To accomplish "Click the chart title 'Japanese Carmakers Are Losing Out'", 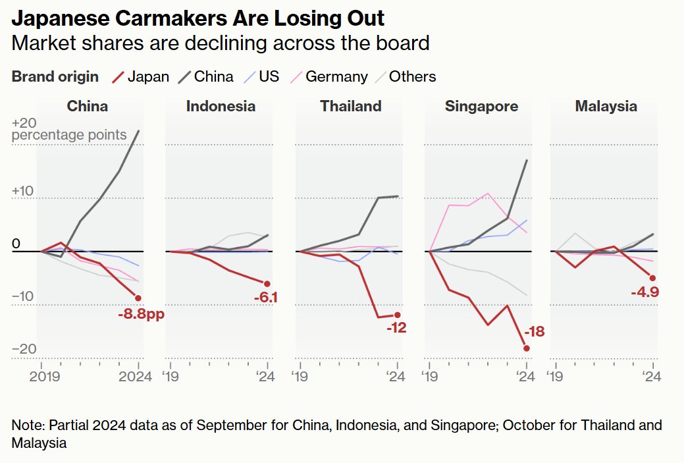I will point(198,18).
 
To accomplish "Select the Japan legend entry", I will point(141,76).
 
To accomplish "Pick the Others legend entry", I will point(404,76).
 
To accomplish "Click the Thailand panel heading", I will point(350,106).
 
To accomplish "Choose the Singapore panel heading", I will point(481,106).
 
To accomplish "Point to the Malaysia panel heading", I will point(606,106).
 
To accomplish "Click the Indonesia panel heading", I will point(221,106).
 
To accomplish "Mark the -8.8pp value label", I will point(141,314).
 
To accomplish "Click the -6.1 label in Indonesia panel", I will point(266,298).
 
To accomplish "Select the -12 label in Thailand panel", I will point(396,328).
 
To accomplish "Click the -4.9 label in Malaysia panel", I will point(645,292).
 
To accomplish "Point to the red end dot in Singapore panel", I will point(526,348).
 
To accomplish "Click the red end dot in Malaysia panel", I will point(652,277).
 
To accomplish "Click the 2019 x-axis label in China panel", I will point(44,377).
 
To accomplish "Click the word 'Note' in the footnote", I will point(25,425).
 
